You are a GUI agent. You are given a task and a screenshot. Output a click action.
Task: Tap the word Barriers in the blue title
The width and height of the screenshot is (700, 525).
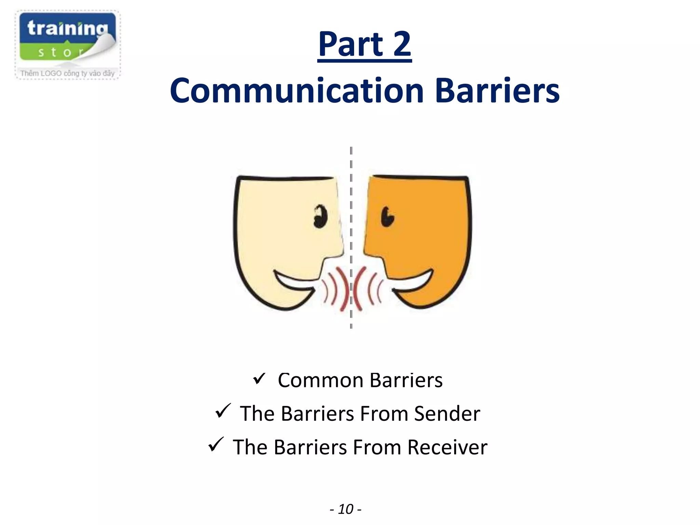pyautogui.click(x=497, y=91)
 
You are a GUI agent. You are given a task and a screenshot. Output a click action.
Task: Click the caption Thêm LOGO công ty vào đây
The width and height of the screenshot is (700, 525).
pyautogui.click(x=67, y=73)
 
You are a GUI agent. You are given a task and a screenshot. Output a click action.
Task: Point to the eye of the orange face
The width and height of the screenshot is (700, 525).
pyautogui.click(x=387, y=216)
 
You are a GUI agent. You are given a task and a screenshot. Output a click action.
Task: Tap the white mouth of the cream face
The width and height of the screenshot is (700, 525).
pyautogui.click(x=294, y=282)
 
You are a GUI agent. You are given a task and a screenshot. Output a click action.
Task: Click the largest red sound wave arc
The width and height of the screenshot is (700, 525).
pyautogui.click(x=358, y=289)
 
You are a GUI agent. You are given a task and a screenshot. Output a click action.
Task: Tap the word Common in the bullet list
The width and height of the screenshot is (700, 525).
pyautogui.click(x=320, y=380)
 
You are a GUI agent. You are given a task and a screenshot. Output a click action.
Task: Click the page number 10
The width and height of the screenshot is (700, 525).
pyautogui.click(x=346, y=509)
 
